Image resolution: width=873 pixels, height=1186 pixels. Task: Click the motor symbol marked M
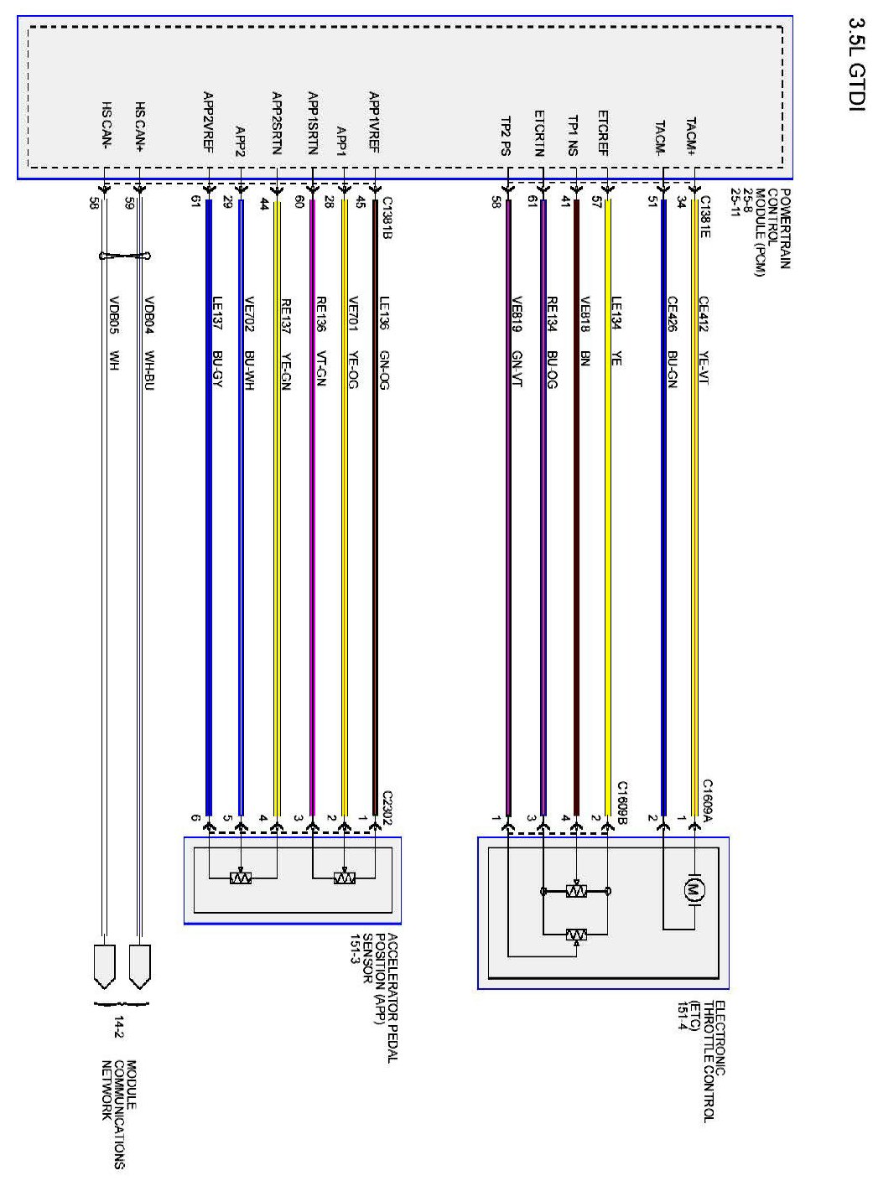[x=694, y=890]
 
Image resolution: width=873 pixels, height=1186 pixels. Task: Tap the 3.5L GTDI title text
[x=855, y=67]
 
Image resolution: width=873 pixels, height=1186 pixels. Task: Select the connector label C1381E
[x=705, y=216]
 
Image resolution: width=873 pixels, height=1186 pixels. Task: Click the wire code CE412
[x=704, y=313]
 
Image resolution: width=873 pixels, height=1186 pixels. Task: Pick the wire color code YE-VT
[x=704, y=367]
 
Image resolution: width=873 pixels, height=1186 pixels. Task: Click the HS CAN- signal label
[x=107, y=126]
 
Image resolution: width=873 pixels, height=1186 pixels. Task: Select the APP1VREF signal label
[x=375, y=122]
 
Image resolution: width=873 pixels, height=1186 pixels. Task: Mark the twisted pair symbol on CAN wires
[x=124, y=256]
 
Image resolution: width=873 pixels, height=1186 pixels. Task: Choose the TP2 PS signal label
[x=506, y=136]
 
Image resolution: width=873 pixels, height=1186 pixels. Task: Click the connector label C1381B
[x=387, y=218]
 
